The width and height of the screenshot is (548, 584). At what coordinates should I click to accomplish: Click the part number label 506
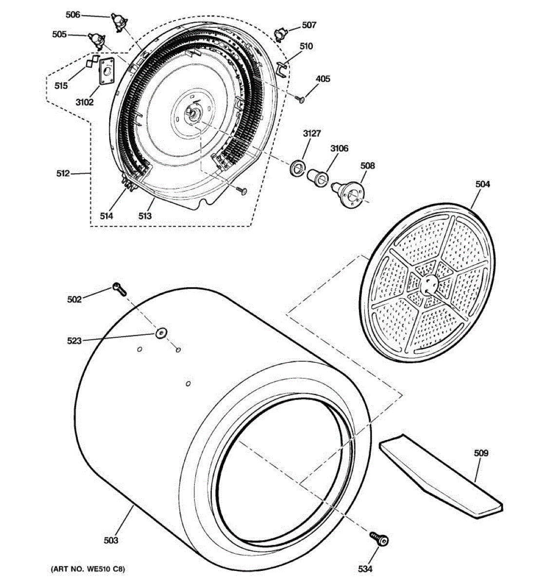tap(73, 15)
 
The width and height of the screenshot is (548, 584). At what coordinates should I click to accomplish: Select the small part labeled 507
tap(281, 34)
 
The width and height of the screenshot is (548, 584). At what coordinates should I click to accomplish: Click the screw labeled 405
tap(300, 99)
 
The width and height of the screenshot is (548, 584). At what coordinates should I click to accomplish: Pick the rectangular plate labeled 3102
tap(107, 71)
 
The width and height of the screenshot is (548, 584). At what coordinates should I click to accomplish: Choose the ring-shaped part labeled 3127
tap(296, 168)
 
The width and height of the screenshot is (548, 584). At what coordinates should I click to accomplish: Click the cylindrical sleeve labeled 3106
tap(318, 176)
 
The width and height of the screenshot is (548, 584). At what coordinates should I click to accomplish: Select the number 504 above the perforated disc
tap(483, 184)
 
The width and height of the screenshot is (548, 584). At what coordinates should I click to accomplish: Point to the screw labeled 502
tap(119, 289)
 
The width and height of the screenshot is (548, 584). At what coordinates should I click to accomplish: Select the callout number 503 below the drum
tap(111, 540)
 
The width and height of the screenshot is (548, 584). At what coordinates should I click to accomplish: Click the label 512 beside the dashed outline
tap(63, 173)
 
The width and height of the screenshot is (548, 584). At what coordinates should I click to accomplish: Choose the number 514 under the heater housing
tap(106, 216)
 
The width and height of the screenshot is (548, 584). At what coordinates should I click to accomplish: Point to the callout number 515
tap(61, 86)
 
